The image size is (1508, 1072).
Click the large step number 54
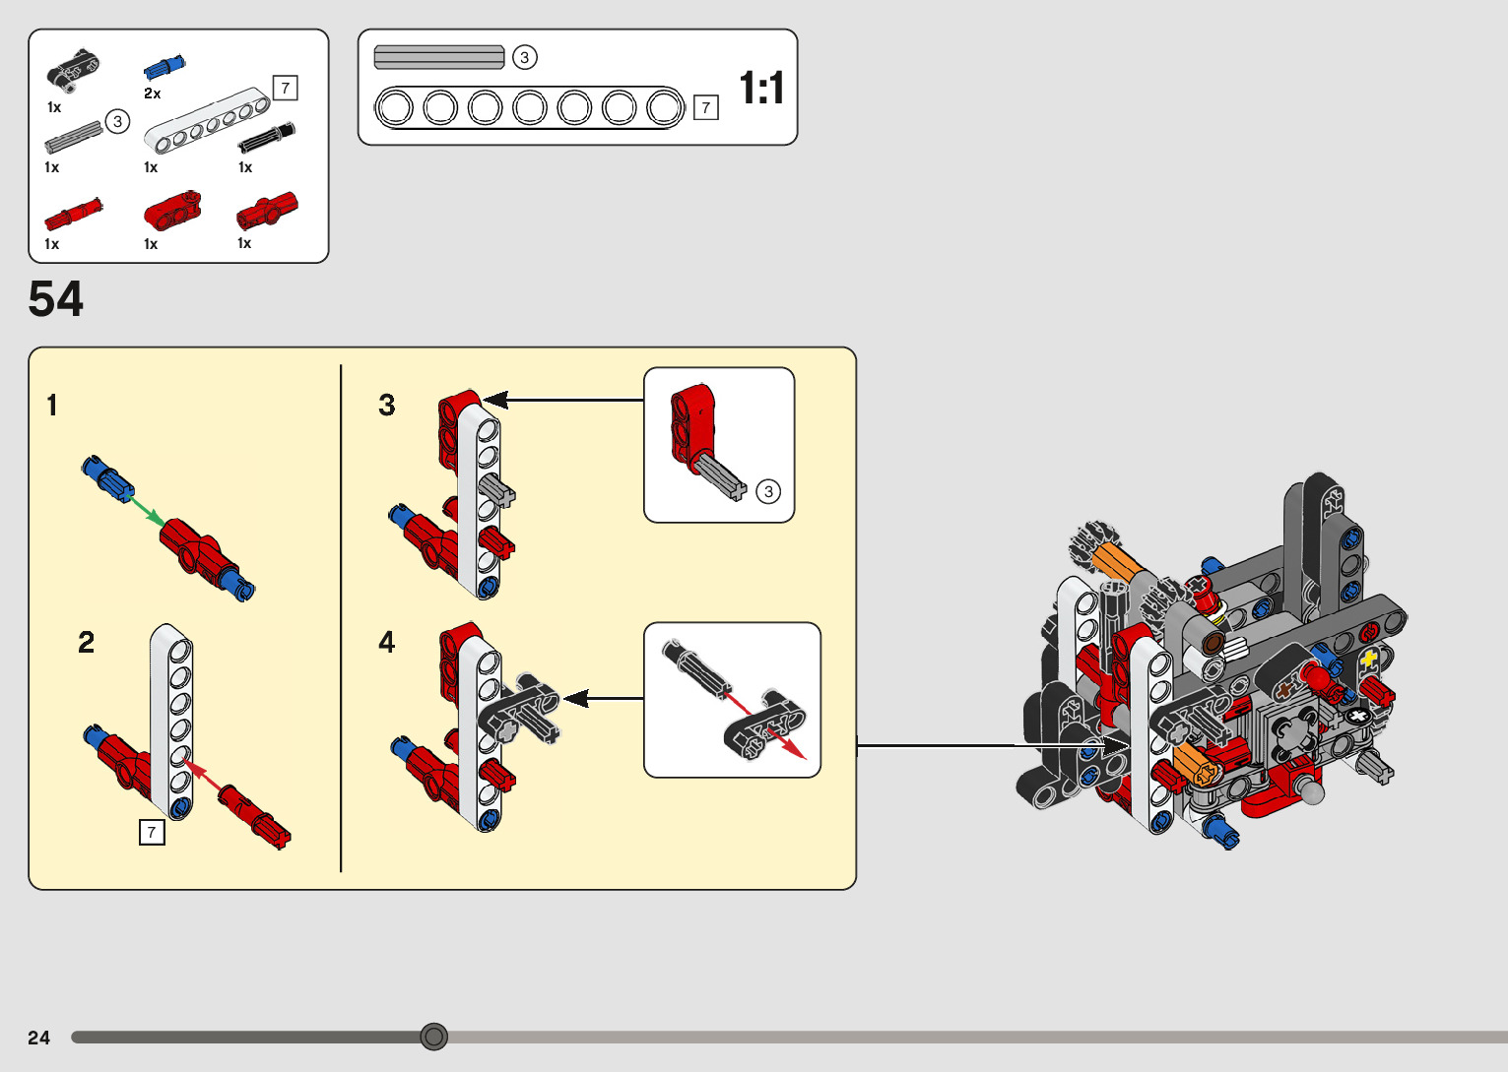(56, 298)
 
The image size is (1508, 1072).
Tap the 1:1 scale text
(761, 88)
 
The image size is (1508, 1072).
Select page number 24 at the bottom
(39, 1037)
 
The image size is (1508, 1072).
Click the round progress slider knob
(433, 1037)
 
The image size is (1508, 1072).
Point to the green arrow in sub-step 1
(145, 509)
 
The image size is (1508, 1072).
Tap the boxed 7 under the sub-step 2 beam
(152, 832)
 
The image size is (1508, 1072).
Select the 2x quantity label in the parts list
(152, 94)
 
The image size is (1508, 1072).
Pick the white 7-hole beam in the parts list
(208, 120)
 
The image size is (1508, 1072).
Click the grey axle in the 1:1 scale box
(439, 57)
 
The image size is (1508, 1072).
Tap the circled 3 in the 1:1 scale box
(524, 57)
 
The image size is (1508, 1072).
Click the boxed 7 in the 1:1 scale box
(705, 107)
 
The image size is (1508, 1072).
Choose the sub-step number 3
(386, 406)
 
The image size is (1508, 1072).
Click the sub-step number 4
(386, 642)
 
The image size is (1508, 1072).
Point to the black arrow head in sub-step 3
(495, 400)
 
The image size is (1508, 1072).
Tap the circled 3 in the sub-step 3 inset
(768, 492)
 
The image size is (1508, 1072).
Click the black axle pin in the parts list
(267, 137)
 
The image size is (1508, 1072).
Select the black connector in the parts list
(74, 69)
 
